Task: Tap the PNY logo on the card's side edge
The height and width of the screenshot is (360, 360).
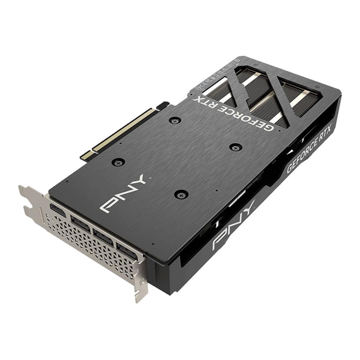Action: pos(234,225)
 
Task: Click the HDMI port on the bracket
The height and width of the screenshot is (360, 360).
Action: pos(58,210)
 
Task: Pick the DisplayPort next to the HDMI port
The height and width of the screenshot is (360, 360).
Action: pos(81,224)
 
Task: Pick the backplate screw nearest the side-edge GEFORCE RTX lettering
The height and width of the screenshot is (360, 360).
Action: pos(236,147)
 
